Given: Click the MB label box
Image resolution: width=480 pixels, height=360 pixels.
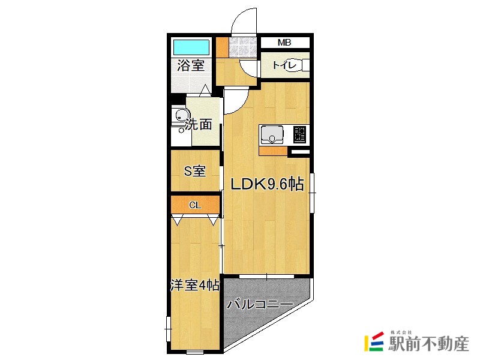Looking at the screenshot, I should click(x=284, y=43).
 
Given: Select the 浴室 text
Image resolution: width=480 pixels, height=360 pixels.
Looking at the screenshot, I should click(x=191, y=66).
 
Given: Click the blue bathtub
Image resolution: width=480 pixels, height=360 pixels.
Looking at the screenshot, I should click(x=191, y=47).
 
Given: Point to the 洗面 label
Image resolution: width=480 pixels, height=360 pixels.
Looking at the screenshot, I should click(x=199, y=125).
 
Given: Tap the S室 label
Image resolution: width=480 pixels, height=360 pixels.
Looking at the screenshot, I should click(x=194, y=172).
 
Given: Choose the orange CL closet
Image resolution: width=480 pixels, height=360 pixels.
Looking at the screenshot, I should click(x=194, y=205).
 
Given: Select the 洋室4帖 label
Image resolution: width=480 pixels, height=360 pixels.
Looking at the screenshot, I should click(x=194, y=286).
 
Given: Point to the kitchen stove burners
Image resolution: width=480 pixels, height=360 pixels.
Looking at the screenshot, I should click(x=300, y=135).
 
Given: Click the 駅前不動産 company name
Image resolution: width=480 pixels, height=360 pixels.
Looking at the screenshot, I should click(x=429, y=344).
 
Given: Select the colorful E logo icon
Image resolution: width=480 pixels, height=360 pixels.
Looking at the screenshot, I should click(x=374, y=341).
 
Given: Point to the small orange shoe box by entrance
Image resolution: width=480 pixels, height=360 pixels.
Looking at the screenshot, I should click(x=222, y=46).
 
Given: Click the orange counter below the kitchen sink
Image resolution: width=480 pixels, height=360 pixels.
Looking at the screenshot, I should click(x=273, y=151).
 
